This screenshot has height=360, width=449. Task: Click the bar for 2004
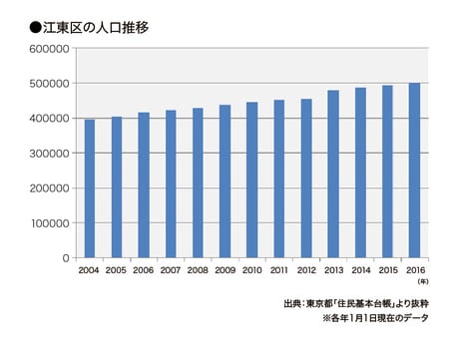pos(90,188)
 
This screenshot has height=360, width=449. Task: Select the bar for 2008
pos(198,182)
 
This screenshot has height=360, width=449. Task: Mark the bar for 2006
pos(144,185)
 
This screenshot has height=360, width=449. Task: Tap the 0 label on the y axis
pos(65,258)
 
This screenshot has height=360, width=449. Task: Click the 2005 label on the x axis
pos(117,270)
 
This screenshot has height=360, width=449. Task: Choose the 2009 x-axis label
pos(224,270)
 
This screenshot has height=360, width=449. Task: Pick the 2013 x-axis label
pos(332,270)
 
